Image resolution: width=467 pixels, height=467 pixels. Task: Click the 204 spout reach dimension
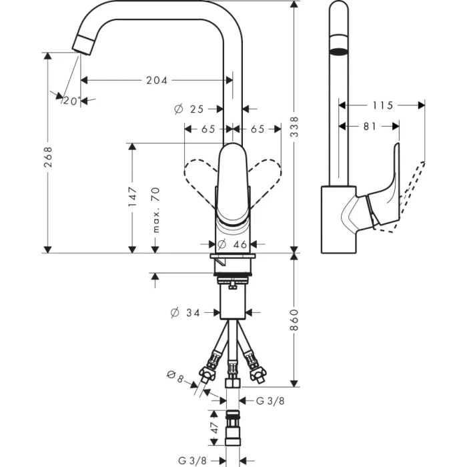pos(157,80)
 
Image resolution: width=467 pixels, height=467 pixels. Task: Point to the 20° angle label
pos(71,101)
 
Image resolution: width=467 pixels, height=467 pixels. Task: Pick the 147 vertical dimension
pos(133,196)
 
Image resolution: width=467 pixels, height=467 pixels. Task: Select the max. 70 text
pos(156,209)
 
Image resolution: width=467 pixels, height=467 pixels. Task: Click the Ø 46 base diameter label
pos(229,245)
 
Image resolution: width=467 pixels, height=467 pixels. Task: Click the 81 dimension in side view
pos(370,125)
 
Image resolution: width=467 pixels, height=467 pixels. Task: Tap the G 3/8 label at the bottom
pos(191,460)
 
